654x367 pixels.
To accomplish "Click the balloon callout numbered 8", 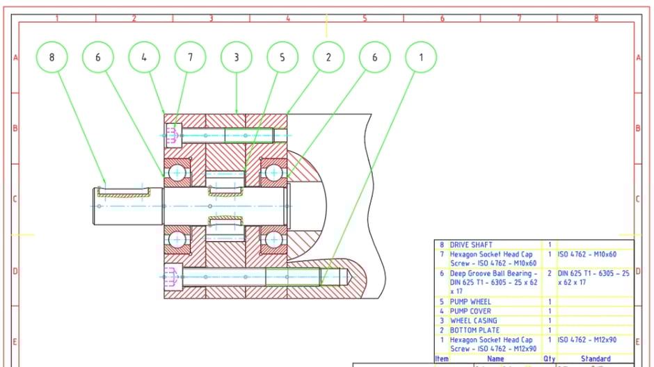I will tap(51, 57).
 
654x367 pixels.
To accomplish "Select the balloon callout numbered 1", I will tap(420, 57).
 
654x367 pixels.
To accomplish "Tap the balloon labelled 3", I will tap(237, 57).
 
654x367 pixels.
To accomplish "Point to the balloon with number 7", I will tap(190, 57).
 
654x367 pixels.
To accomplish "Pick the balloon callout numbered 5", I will tap(282, 57).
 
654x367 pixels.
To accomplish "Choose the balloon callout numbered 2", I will tap(328, 57).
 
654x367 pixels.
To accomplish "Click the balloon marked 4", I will tap(144, 57).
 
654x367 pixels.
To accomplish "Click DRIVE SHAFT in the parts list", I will tap(471, 245).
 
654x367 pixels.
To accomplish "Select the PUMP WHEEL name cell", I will tap(470, 302).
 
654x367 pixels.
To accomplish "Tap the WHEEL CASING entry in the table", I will tap(473, 320).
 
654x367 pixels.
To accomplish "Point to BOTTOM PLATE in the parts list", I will tap(473, 330).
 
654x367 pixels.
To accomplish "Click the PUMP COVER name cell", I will tap(470, 311).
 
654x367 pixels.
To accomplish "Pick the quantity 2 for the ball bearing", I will tap(550, 274).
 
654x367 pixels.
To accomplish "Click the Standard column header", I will tap(595, 359).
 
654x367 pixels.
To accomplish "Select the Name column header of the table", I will tap(495, 359).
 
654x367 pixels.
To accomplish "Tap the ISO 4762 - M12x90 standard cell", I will tap(587, 340).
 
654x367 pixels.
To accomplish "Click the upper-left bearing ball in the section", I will tap(178, 172).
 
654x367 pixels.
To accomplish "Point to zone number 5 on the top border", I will tap(365, 18).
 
